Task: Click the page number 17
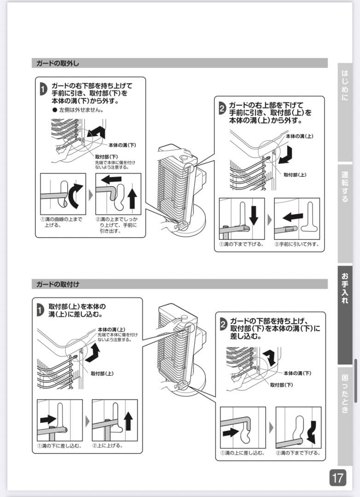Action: [337, 478]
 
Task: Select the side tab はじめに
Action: [345, 85]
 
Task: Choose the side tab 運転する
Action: [345, 186]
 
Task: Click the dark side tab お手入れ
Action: [345, 288]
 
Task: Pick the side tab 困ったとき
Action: [345, 393]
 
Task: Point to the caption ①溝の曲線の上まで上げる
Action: [61, 222]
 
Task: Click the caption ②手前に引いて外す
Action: [297, 244]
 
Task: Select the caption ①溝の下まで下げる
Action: [242, 244]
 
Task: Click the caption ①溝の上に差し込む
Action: [242, 453]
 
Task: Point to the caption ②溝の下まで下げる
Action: [298, 453]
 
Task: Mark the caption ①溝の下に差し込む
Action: [59, 445]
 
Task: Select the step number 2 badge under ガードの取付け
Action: [223, 324]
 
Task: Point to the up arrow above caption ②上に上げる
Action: [128, 421]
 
